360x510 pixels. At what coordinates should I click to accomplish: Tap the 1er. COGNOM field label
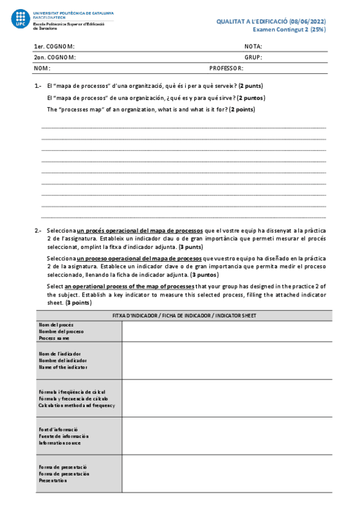[x=55, y=46]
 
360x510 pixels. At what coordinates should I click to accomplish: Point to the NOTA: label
[x=253, y=46]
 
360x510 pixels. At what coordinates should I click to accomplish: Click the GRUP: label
[x=253, y=58]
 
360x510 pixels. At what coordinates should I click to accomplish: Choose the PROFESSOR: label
[x=226, y=69]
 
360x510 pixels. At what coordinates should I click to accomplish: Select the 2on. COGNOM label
[x=55, y=58]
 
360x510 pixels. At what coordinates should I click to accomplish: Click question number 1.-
[x=38, y=86]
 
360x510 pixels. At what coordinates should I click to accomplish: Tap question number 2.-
[x=38, y=230]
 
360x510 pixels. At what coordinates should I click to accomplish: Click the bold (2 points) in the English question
[x=242, y=109]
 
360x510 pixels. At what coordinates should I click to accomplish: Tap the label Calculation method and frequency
[x=76, y=405]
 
